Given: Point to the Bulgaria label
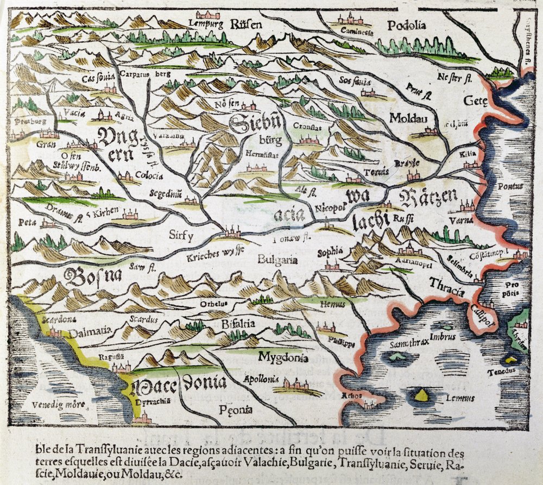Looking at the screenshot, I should click(277, 260).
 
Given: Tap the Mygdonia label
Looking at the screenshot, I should click(283, 357).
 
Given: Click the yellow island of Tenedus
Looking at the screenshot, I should click(510, 358).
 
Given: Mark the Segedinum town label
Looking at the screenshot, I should click(167, 193).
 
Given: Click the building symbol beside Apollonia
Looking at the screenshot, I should click(296, 385).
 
